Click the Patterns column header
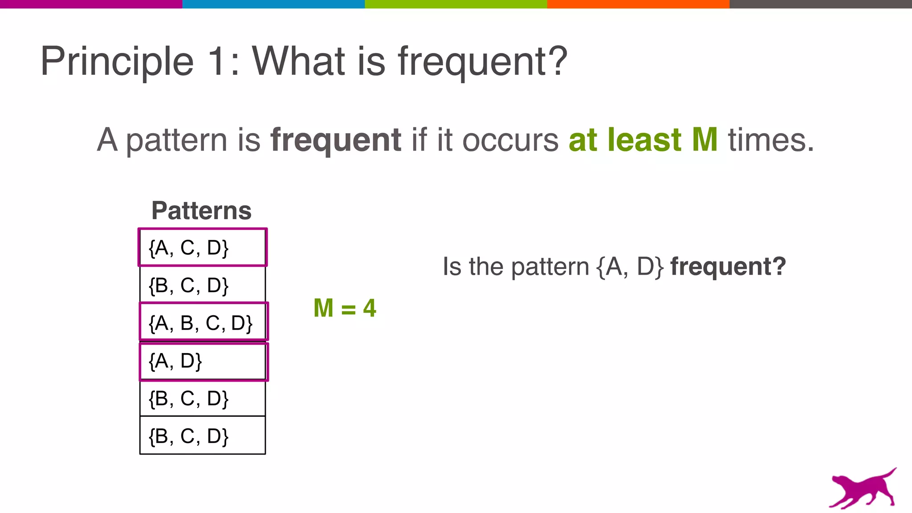coord(201,210)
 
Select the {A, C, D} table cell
coord(203,248)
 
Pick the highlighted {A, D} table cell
coord(204,361)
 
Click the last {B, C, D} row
coord(203,436)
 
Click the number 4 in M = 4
coord(370,308)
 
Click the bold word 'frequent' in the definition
coord(336,141)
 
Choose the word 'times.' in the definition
coord(771,140)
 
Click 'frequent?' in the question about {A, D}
coord(728,267)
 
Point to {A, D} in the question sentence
coord(630,267)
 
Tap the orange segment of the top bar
coord(638,4)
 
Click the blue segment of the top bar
coord(273,4)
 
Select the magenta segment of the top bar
coord(91,4)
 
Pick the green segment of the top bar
coord(456,4)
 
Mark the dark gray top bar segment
coord(821,4)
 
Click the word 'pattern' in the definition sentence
coord(177,141)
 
